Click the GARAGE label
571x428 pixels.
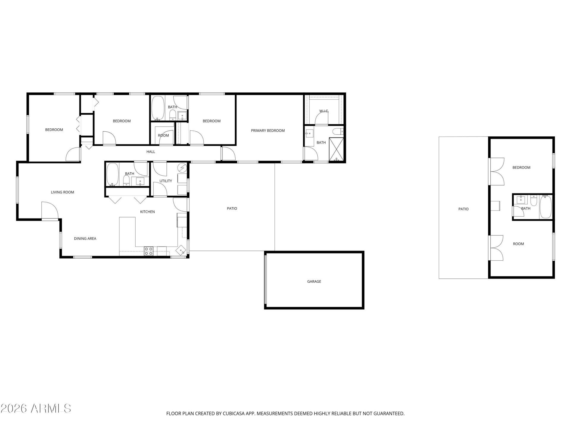314,281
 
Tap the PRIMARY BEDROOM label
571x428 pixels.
268,130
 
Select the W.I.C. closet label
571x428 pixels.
324,111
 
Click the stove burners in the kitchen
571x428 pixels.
149,251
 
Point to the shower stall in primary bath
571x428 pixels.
336,150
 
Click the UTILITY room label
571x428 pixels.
166,181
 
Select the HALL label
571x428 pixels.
151,152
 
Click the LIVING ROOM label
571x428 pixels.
62,192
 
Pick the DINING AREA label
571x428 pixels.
85,238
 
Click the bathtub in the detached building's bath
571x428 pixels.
546,207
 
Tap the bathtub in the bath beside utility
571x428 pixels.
112,175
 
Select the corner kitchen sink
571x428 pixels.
181,250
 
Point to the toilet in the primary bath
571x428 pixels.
338,131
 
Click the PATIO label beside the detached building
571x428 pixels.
463,209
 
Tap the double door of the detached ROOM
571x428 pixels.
496,248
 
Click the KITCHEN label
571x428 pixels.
148,212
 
